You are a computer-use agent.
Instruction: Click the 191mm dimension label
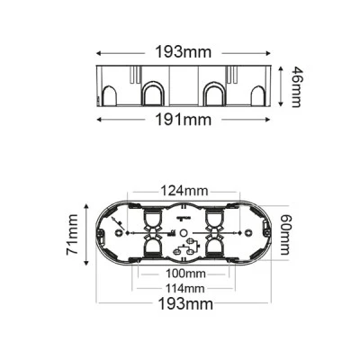click(x=184, y=120)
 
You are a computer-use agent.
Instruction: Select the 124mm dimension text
click(x=184, y=190)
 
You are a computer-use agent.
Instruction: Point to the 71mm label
click(x=72, y=235)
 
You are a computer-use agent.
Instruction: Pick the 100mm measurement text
click(x=185, y=274)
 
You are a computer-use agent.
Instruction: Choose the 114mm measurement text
click(x=185, y=289)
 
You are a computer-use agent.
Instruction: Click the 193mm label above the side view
click(x=184, y=52)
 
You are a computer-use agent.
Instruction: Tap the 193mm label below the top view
click(x=185, y=304)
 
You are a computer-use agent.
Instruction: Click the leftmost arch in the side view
click(x=109, y=95)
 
